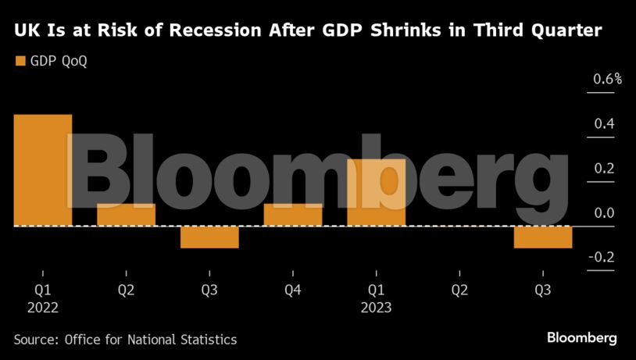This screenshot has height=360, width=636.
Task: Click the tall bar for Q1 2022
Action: [x=43, y=170]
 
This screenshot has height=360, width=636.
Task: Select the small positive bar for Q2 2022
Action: [x=126, y=215]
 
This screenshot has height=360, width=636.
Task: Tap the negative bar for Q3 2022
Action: [x=209, y=237]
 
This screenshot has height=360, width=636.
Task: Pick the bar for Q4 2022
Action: [x=293, y=215]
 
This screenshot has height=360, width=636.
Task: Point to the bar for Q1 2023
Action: [x=377, y=192]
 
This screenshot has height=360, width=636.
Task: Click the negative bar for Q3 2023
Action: [x=543, y=237]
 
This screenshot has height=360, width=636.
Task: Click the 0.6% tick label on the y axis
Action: [x=607, y=79]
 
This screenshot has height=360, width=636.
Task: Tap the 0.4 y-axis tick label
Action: [x=604, y=123]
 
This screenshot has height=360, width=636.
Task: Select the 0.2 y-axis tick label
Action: [x=604, y=168]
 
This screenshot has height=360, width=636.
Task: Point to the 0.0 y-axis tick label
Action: [x=604, y=212]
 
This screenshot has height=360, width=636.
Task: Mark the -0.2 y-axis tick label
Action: [x=602, y=257]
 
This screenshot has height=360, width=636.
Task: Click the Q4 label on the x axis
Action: [x=293, y=290]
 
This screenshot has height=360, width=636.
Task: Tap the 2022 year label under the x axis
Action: [x=42, y=308]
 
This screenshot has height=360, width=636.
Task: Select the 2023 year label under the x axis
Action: [x=376, y=308]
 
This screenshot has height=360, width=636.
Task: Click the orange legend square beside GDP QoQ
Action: [x=20, y=61]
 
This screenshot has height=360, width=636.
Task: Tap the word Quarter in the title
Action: [x=569, y=31]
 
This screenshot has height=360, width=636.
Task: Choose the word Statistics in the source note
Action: [x=205, y=340]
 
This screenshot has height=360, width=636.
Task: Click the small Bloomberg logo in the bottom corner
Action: [x=581, y=338]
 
